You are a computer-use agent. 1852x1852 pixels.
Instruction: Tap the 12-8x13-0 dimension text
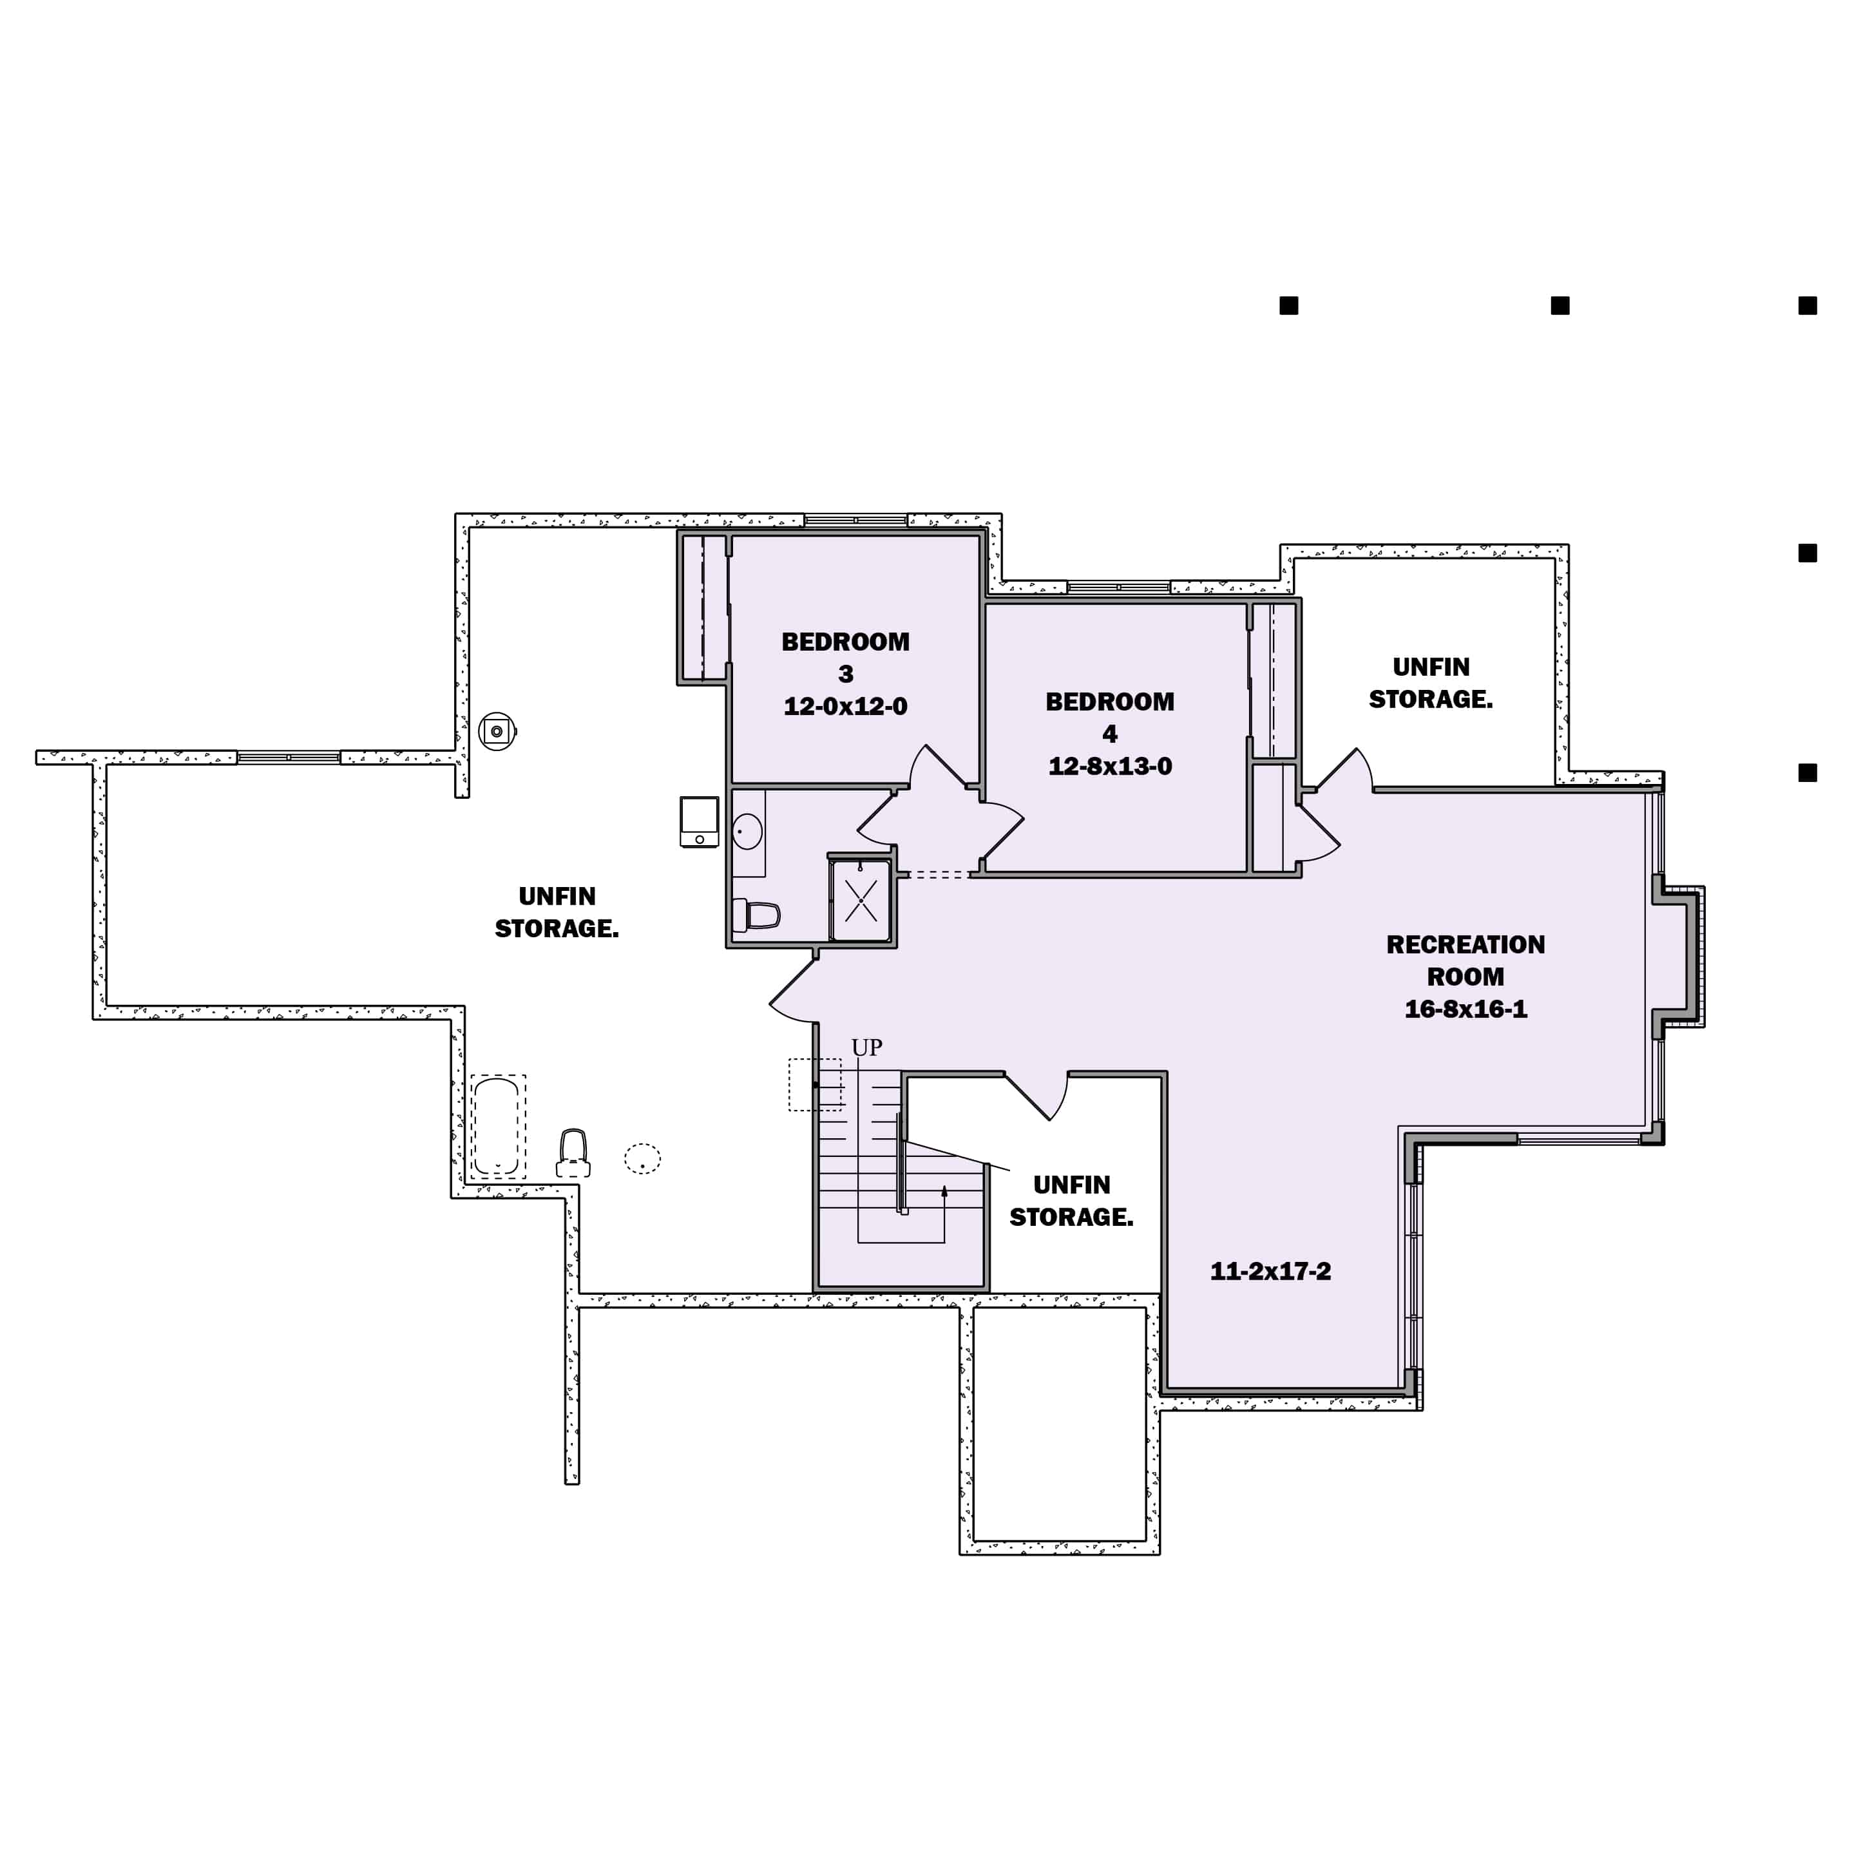pos(1109,766)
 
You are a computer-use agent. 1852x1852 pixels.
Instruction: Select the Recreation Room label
pos(1465,960)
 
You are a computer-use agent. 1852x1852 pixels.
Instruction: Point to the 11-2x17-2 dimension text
pos(1270,1271)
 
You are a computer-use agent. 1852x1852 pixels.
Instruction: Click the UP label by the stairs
pos(866,1047)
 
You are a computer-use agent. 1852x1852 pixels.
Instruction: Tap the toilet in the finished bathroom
pos(756,915)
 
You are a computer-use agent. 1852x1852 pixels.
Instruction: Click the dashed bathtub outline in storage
pos(497,1127)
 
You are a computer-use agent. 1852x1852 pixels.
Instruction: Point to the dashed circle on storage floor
pos(642,1158)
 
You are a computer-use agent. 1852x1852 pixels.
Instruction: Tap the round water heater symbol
pos(497,731)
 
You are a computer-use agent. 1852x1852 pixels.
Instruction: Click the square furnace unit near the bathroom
pos(699,821)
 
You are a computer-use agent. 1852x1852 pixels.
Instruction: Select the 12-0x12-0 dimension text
pos(845,707)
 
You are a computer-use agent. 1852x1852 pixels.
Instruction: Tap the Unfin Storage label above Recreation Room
pos(1430,683)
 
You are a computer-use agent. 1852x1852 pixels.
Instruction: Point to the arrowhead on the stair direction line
pos(944,1190)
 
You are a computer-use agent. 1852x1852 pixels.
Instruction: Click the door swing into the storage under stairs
pos(1040,1098)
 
